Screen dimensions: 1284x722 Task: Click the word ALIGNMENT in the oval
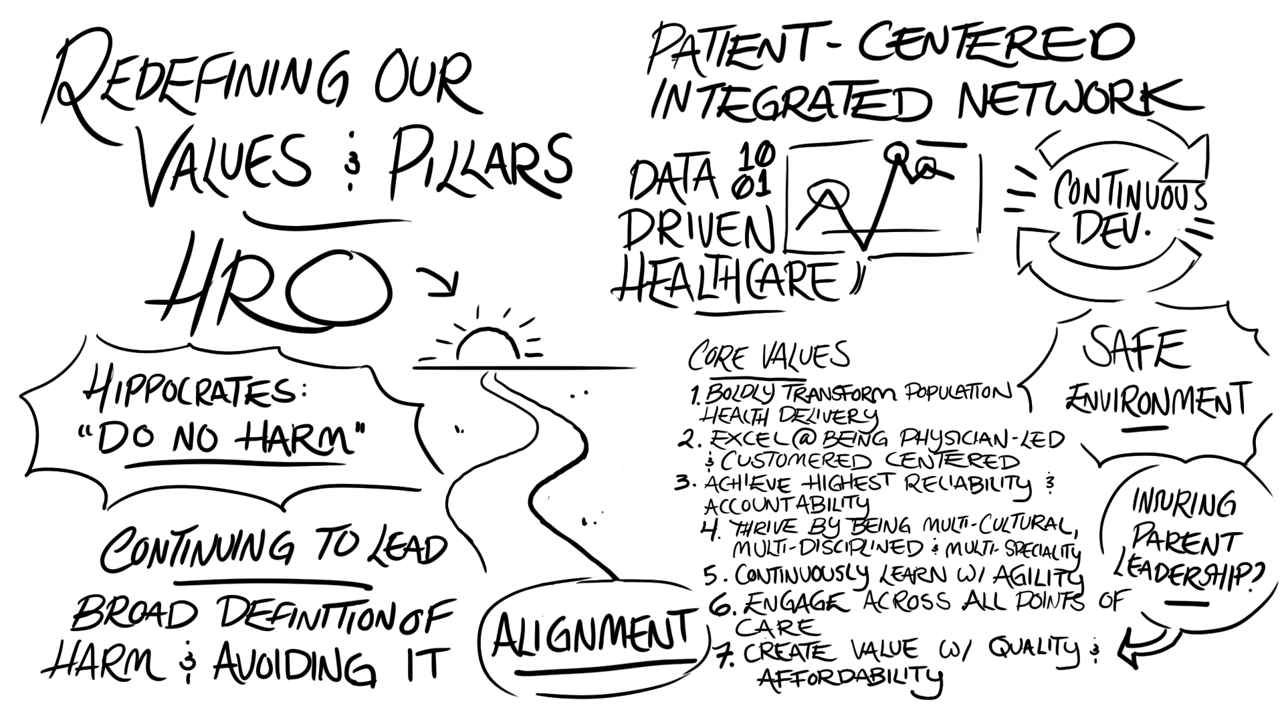pos(592,632)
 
